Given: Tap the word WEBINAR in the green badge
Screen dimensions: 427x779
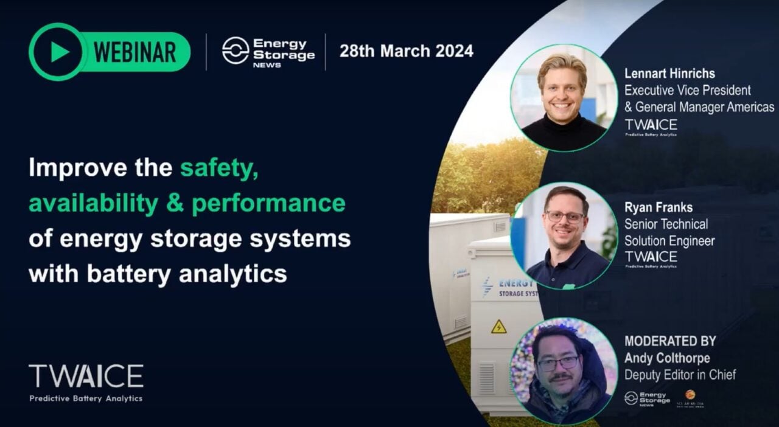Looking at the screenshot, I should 134,52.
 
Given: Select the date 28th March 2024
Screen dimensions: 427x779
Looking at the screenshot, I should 406,51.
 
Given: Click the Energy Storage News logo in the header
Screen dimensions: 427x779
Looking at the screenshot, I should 268,51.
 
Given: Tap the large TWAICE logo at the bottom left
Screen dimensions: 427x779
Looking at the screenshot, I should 86,377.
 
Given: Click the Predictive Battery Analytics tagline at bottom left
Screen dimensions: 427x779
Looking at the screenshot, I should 86,398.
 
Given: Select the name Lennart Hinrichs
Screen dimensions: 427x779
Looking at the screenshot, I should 669,74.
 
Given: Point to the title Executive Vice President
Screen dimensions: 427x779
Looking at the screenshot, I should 688,90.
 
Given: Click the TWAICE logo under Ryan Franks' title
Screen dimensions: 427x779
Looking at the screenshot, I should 651,257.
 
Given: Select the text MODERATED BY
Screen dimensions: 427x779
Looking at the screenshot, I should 670,341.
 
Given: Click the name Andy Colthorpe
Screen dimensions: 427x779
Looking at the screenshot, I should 667,358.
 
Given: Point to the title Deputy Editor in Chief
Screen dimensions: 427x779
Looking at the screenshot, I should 680,375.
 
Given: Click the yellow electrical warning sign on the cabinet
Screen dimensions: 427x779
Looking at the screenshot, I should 498,327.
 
